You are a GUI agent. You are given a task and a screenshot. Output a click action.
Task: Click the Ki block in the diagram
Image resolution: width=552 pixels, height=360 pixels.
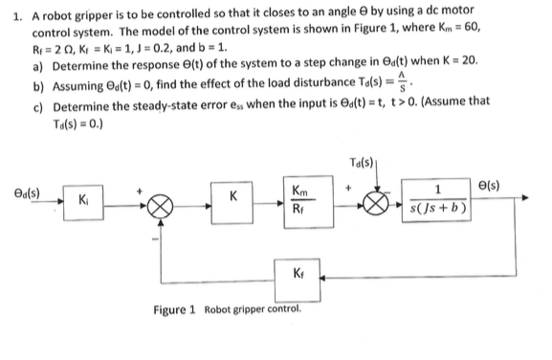[83, 203]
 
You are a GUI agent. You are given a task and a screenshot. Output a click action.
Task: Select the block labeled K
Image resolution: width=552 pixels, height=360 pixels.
[232, 203]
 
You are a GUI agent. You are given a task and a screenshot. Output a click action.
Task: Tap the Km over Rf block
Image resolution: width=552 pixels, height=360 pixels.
[308, 202]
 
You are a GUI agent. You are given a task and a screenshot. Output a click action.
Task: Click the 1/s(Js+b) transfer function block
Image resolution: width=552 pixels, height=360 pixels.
[436, 200]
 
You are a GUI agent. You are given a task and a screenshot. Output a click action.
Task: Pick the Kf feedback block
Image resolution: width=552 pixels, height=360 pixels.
[298, 281]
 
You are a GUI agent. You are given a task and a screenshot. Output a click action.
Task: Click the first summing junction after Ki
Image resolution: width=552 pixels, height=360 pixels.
[160, 207]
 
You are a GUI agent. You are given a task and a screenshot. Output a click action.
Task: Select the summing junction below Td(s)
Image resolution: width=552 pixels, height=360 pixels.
[376, 204]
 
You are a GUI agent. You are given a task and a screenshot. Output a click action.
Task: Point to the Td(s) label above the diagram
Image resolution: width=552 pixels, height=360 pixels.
[362, 163]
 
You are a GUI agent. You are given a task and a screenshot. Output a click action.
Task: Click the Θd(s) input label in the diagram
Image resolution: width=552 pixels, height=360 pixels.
[27, 193]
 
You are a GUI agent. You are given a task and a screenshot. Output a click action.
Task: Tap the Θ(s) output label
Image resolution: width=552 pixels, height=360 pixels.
[489, 186]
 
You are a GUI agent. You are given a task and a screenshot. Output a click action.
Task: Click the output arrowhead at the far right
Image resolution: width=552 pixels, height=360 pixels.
[525, 197]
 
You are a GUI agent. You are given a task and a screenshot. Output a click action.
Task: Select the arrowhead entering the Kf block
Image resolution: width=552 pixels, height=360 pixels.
[323, 278]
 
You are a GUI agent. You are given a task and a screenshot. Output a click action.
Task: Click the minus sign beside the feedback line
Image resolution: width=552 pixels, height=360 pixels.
[155, 239]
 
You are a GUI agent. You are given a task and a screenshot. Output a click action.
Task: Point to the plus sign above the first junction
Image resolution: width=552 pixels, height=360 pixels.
[140, 191]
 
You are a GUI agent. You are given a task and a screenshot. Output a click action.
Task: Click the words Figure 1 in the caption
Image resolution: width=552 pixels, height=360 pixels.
[174, 310]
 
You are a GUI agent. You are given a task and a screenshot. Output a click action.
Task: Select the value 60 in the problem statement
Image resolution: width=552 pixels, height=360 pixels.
[472, 27]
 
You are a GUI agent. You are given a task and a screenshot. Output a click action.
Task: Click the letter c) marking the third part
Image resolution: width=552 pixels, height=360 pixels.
[37, 107]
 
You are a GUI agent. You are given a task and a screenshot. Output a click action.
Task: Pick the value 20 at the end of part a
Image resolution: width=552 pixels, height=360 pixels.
[469, 60]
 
